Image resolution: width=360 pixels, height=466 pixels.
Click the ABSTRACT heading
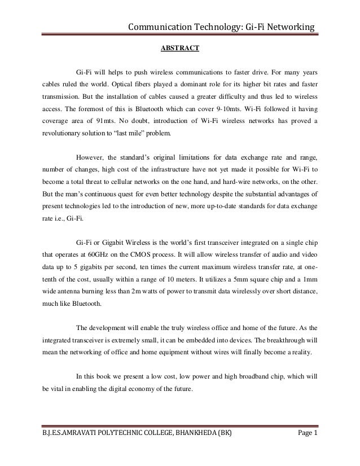tap(179, 49)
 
